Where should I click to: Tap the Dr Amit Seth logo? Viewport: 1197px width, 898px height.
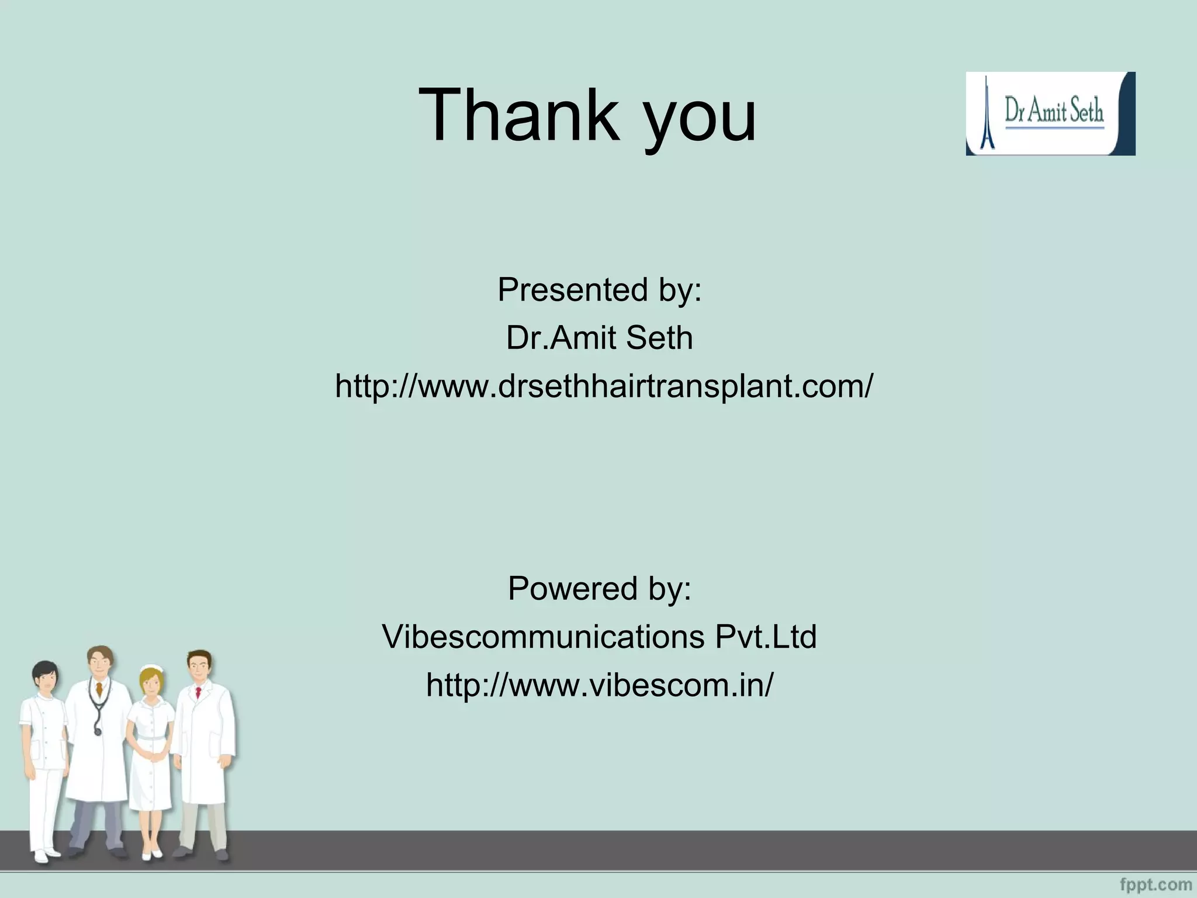(x=1050, y=113)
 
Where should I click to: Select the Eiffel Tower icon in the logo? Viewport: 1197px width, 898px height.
(x=987, y=114)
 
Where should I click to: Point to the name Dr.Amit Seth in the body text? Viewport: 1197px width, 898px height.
(x=599, y=338)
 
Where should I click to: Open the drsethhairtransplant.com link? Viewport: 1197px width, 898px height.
(x=604, y=386)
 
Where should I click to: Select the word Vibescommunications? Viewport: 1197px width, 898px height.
(x=543, y=636)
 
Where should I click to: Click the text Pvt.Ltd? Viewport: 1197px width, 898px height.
(x=766, y=636)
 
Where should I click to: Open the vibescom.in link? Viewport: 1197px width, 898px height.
(x=599, y=684)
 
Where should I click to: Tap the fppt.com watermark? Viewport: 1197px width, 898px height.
(x=1156, y=884)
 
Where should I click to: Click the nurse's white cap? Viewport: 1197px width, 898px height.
(x=151, y=670)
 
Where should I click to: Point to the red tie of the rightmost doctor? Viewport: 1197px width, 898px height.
(x=199, y=693)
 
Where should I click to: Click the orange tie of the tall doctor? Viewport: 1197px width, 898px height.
(x=100, y=690)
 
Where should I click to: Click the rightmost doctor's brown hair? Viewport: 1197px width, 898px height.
(x=200, y=657)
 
